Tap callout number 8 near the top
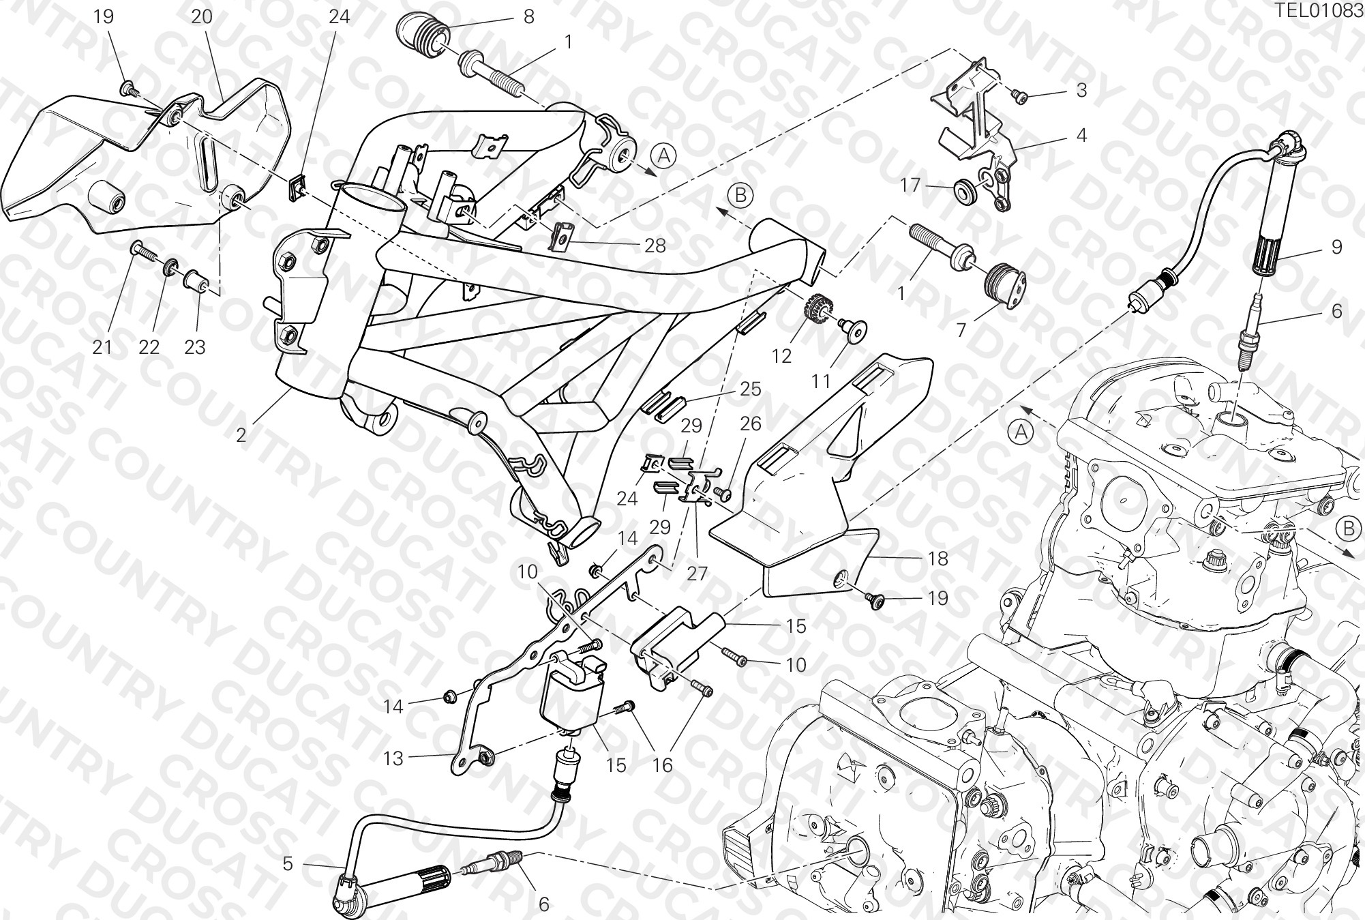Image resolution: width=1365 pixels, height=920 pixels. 528,16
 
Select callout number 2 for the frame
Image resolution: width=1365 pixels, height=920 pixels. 241,434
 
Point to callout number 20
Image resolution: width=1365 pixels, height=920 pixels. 201,16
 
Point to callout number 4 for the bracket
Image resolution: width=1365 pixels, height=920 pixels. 1081,135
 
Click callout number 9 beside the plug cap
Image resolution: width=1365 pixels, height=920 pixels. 1336,247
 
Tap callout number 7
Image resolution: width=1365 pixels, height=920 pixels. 961,330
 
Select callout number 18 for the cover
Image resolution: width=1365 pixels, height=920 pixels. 938,559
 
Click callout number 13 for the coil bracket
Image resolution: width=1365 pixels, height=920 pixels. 393,758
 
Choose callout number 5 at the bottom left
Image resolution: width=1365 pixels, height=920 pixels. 288,864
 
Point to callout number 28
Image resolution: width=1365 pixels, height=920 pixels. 655,246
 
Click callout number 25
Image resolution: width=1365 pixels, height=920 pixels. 751,389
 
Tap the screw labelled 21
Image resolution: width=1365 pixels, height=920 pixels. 145,253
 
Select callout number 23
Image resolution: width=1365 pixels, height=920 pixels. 195,347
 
